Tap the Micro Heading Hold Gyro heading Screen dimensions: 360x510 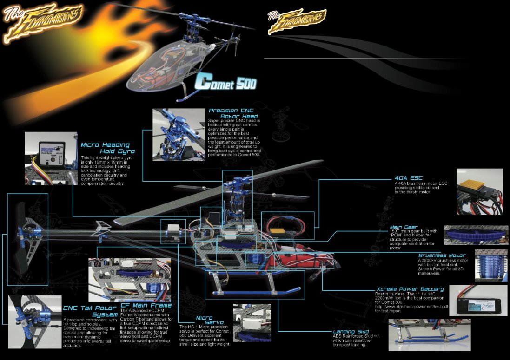coord(107,148)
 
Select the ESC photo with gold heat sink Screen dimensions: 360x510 coord(479,192)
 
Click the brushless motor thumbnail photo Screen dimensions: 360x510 coord(490,266)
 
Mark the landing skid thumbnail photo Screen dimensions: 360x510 coord(429,334)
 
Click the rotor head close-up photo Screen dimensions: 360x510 coord(179,134)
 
